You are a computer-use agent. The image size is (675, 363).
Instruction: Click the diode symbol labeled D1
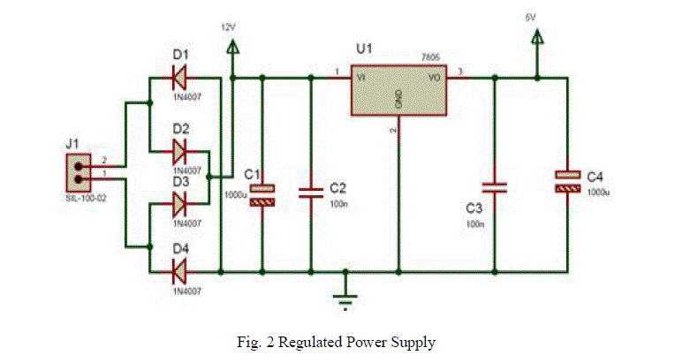(x=181, y=78)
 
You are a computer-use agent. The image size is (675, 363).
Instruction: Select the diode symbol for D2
(x=181, y=151)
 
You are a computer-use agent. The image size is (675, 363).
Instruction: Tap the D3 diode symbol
(x=181, y=205)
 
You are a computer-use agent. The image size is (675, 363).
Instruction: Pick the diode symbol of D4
(x=181, y=268)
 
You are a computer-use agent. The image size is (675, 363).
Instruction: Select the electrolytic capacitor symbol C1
(x=262, y=195)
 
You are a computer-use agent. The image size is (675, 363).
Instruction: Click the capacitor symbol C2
(x=310, y=193)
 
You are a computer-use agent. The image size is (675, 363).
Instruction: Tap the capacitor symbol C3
(x=494, y=187)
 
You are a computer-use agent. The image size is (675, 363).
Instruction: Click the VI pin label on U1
(x=361, y=78)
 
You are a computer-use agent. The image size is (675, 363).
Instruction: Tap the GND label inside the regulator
(x=399, y=100)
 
